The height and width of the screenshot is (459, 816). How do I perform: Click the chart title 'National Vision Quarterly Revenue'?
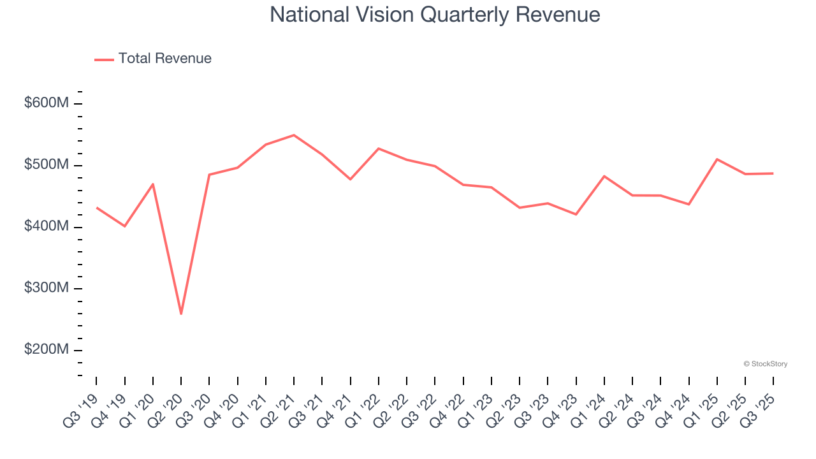[x=435, y=15]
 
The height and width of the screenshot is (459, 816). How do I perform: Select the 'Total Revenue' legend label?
[x=164, y=59]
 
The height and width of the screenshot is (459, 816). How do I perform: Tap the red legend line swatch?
[x=104, y=59]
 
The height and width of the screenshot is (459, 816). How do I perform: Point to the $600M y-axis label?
[x=46, y=103]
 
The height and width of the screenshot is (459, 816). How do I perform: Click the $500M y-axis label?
[x=46, y=165]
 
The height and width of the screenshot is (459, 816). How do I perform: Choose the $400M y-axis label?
[x=46, y=227]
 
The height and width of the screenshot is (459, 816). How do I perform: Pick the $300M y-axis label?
[x=46, y=288]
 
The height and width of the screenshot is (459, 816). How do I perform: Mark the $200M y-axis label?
[x=46, y=350]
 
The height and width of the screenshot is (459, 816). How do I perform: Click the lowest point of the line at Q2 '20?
[x=181, y=314]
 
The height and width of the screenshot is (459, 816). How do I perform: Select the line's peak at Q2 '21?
[x=294, y=135]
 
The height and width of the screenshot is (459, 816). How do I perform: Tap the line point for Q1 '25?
[x=717, y=159]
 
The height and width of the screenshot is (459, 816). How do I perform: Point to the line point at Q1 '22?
[x=379, y=149]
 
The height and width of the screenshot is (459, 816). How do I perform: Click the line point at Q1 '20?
[x=153, y=184]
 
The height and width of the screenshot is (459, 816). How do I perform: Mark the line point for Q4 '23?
[x=576, y=214]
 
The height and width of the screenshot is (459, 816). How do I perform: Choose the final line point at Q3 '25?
[x=773, y=173]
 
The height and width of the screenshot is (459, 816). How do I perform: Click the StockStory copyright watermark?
[x=765, y=364]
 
